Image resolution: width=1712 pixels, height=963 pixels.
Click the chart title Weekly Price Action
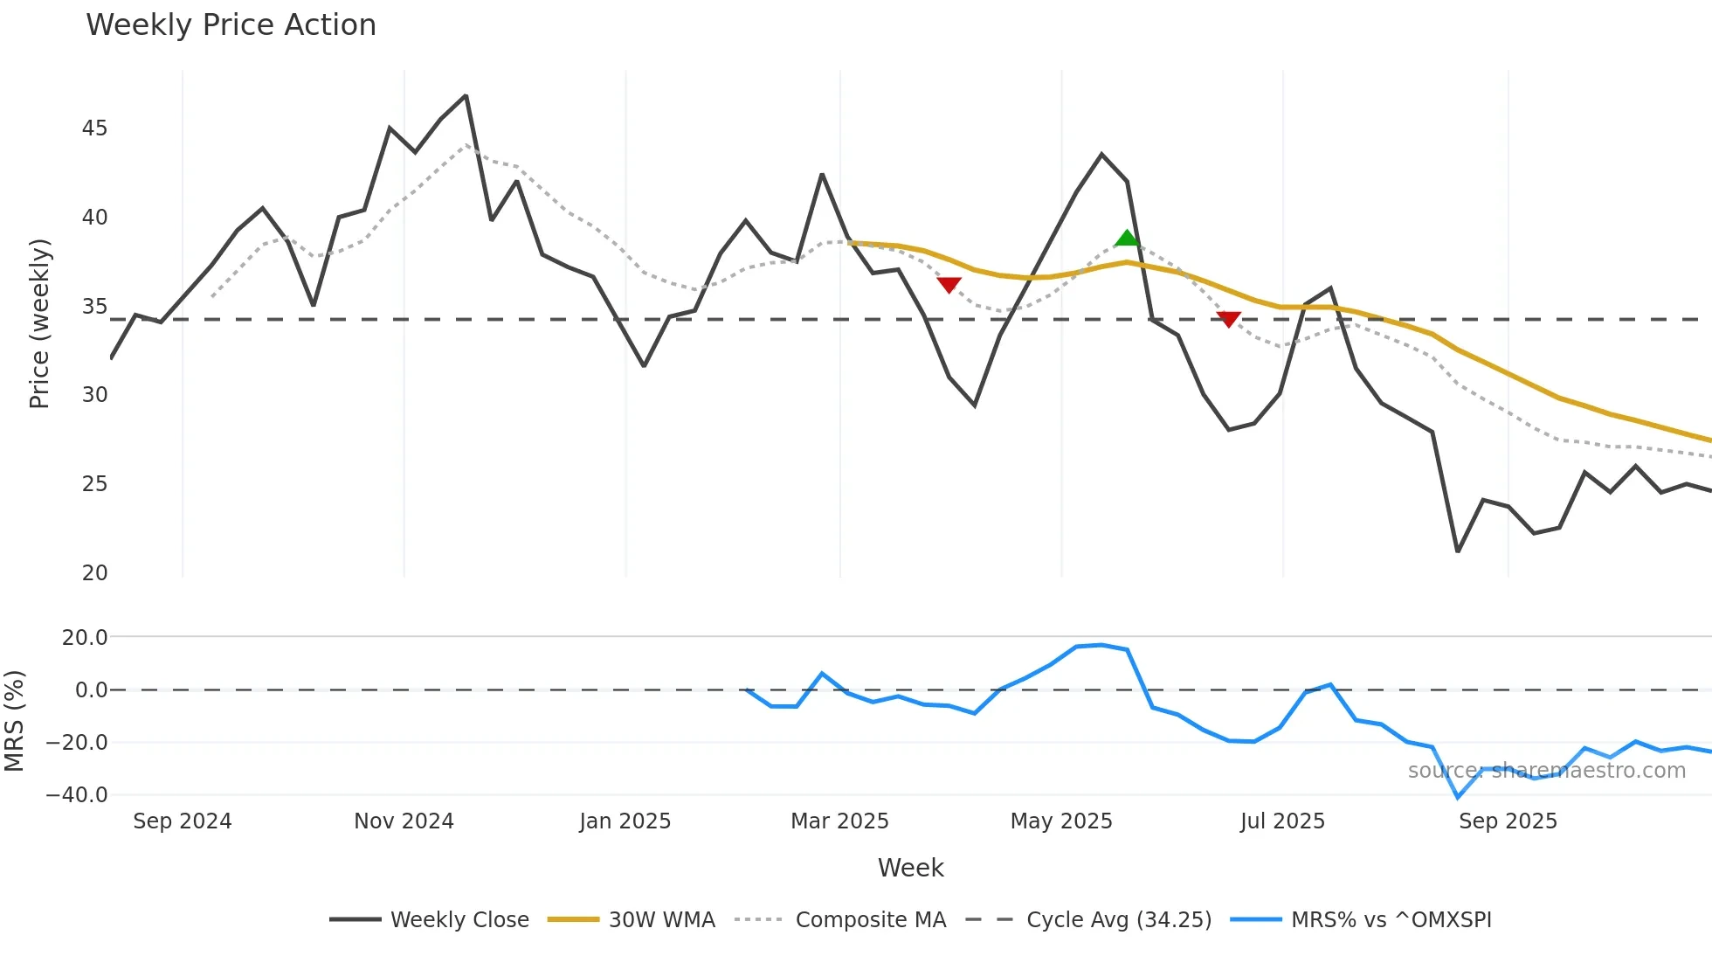(231, 25)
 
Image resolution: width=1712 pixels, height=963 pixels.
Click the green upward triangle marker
(1127, 238)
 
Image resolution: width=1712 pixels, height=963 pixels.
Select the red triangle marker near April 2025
(949, 285)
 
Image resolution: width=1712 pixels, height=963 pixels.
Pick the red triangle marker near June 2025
(1228, 319)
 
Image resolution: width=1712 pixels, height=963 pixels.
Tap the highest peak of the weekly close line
(466, 96)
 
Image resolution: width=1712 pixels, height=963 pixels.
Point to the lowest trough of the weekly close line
(1458, 551)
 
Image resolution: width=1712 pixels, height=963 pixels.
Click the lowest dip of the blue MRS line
(1458, 796)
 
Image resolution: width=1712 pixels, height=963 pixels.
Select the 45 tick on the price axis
(94, 128)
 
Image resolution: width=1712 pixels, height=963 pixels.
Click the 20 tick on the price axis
(94, 573)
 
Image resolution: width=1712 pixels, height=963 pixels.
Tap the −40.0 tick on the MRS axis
(77, 795)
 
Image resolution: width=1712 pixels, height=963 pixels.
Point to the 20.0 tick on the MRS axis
(84, 638)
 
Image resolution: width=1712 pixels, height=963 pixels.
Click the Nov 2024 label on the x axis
(404, 821)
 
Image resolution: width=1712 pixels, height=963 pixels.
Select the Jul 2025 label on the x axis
(1282, 821)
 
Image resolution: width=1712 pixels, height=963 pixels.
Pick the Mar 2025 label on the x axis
(839, 821)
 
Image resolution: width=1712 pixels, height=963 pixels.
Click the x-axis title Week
(910, 868)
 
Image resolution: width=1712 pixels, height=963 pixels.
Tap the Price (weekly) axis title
(39, 323)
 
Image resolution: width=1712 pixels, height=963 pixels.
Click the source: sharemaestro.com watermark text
(1546, 771)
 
